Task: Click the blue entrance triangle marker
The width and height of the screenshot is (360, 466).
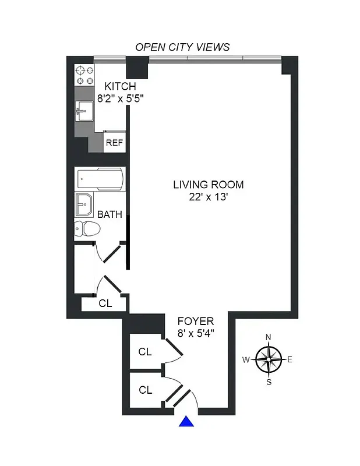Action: [186, 422]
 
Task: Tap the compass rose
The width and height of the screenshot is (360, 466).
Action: [268, 359]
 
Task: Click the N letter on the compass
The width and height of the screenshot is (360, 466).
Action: [268, 337]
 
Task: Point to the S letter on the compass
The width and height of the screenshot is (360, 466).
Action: [269, 382]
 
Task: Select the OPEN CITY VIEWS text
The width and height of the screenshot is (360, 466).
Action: [182, 47]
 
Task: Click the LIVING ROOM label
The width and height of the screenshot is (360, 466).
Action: [208, 185]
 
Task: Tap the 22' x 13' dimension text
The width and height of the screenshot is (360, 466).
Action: [208, 197]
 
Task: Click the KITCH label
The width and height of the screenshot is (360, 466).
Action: [120, 87]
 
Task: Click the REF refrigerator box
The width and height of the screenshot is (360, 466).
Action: [114, 142]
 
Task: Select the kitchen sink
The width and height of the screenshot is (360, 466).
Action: [85, 111]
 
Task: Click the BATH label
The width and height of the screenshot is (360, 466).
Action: [110, 214]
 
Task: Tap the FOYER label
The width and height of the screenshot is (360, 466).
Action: [196, 321]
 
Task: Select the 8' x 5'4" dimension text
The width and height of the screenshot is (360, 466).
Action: [196, 334]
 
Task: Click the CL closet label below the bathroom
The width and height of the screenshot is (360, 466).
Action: [105, 303]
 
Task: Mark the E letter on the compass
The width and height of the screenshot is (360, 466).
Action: [290, 359]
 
